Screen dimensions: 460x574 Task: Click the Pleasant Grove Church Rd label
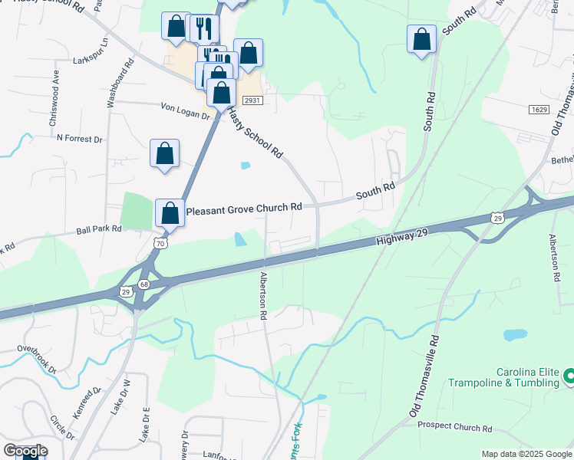click(244, 208)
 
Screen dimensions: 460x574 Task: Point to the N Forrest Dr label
click(80, 139)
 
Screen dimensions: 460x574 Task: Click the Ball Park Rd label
click(99, 228)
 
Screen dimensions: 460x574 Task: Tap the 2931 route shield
click(252, 100)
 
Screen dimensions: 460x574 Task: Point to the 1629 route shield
click(539, 110)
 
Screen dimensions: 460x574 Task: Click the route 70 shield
click(160, 243)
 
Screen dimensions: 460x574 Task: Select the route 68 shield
click(144, 285)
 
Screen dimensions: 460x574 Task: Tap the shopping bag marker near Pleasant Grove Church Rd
click(170, 212)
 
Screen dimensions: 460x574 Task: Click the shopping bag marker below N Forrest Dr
click(165, 153)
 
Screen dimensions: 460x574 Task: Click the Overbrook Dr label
click(38, 357)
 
